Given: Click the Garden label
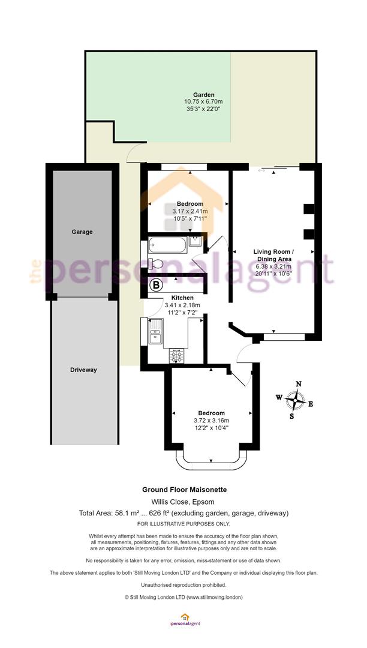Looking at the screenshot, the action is click(x=203, y=95).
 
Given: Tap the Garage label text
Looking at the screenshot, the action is click(x=82, y=232).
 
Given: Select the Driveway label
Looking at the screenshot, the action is click(x=83, y=370).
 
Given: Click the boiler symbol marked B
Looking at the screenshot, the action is click(x=156, y=285).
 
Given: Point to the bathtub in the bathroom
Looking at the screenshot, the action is click(x=167, y=245).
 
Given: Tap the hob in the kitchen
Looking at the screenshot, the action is click(x=176, y=356).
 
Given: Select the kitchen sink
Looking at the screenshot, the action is click(x=156, y=331).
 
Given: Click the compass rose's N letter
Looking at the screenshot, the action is click(x=299, y=384).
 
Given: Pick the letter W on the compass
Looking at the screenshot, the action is click(x=279, y=398).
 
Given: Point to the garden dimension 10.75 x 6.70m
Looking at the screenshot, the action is click(x=203, y=101).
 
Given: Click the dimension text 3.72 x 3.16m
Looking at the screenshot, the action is click(x=211, y=421).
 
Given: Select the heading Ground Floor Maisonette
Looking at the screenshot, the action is click(x=185, y=490).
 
